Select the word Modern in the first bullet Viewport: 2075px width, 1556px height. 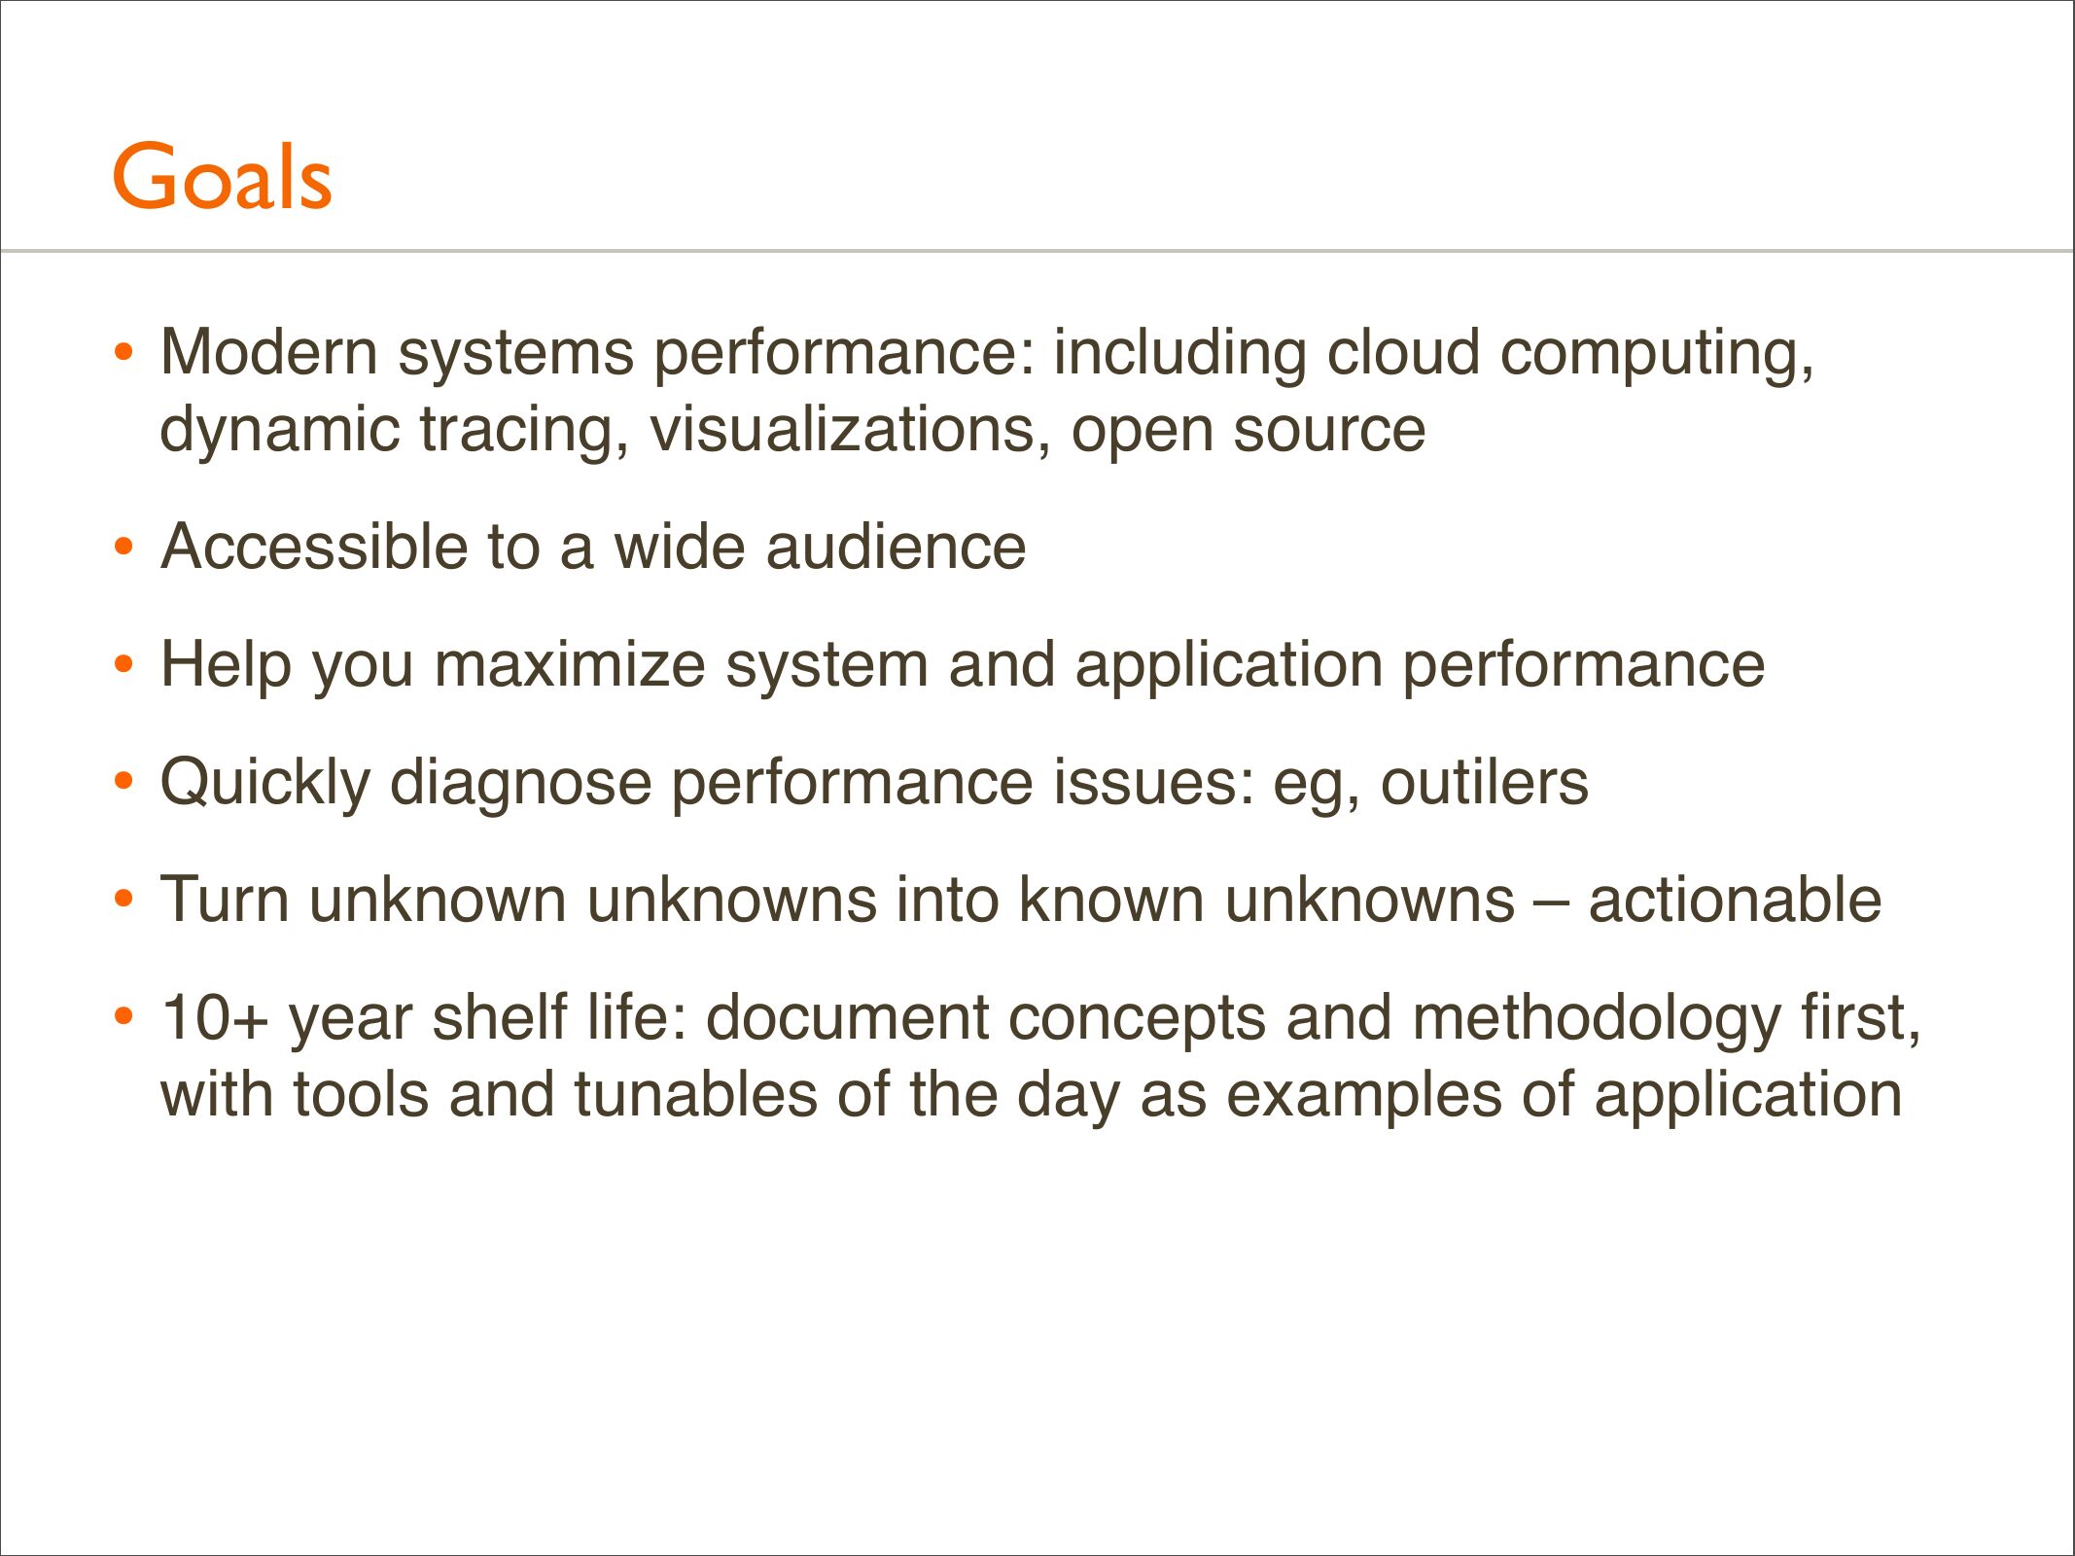pos(269,351)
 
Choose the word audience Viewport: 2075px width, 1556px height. pos(896,547)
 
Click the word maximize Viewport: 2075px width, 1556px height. pos(570,665)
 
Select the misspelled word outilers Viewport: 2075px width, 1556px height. pos(1485,783)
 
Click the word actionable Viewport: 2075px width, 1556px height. pos(1735,900)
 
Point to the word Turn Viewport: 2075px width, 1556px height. pos(225,900)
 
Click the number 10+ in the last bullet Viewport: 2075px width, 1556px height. pos(214,1018)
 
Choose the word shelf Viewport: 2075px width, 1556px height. pos(500,1018)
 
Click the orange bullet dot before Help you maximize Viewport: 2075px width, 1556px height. pos(123,666)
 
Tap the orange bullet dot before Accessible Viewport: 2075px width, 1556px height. pos(123,548)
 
